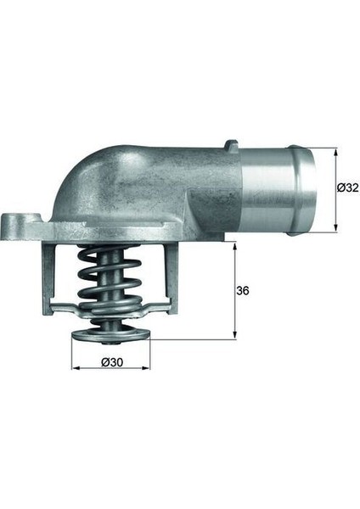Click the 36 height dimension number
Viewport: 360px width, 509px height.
pos(244,290)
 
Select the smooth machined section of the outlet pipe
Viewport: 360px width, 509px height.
pos(272,191)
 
